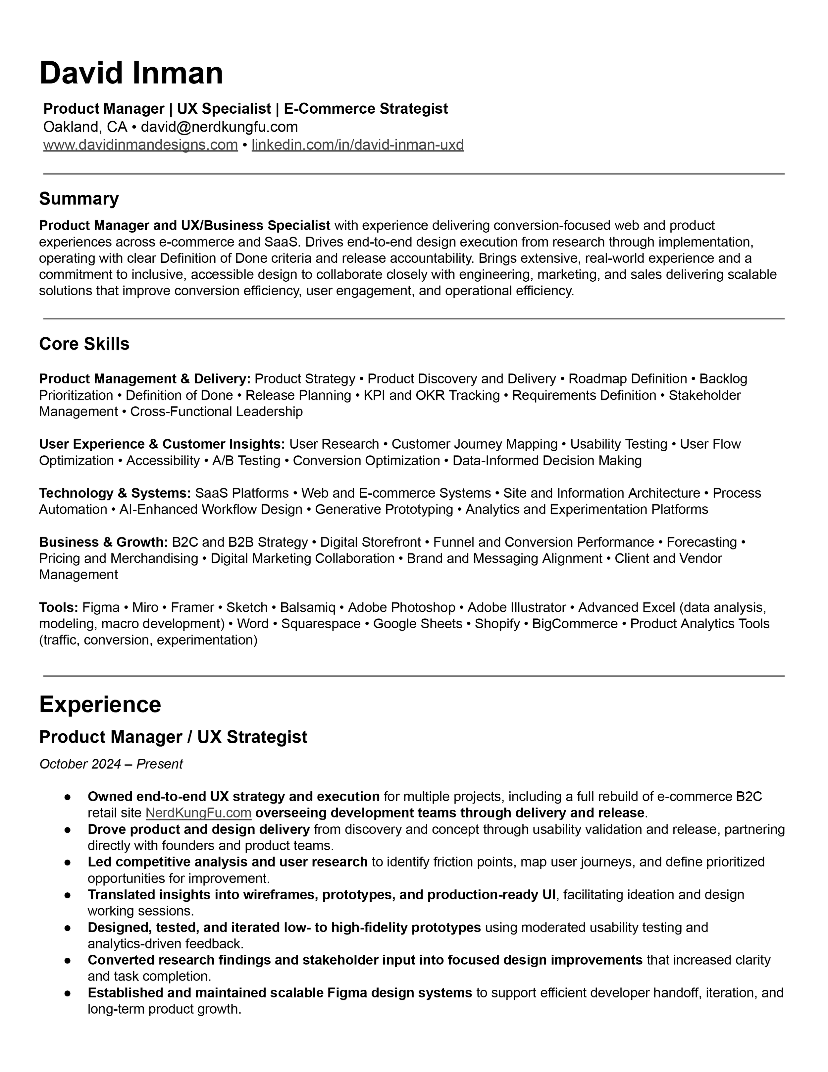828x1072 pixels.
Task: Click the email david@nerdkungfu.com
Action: (219, 127)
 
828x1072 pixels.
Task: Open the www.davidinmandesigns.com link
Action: (140, 145)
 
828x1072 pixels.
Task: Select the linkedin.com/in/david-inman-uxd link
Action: (358, 145)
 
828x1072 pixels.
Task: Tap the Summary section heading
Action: (79, 199)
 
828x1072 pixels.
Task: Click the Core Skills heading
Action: (84, 344)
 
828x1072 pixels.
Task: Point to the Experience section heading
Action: (100, 705)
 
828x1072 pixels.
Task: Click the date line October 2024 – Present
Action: (111, 764)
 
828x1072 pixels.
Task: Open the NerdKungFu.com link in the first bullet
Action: (199, 813)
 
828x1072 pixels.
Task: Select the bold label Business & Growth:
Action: (103, 542)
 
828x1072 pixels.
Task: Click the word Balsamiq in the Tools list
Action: (308, 608)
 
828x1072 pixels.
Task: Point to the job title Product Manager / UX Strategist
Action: (173, 737)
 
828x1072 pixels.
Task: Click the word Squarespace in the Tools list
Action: (321, 624)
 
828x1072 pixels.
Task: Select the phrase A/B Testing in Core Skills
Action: (246, 461)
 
